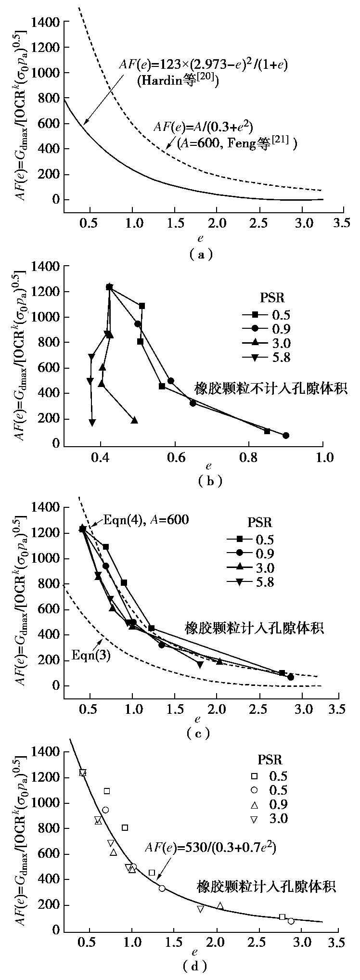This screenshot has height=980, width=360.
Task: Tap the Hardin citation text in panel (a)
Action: (178, 80)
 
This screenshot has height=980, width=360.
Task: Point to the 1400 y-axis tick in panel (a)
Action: (45, 22)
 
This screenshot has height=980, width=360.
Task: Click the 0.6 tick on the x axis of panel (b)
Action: (175, 456)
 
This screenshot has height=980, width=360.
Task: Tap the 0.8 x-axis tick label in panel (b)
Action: (249, 456)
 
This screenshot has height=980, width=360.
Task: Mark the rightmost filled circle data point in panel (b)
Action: (286, 435)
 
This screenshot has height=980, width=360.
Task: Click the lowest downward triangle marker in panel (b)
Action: (92, 422)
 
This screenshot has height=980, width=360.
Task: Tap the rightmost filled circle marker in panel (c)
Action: (291, 677)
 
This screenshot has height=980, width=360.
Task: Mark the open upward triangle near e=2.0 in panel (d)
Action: (220, 905)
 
